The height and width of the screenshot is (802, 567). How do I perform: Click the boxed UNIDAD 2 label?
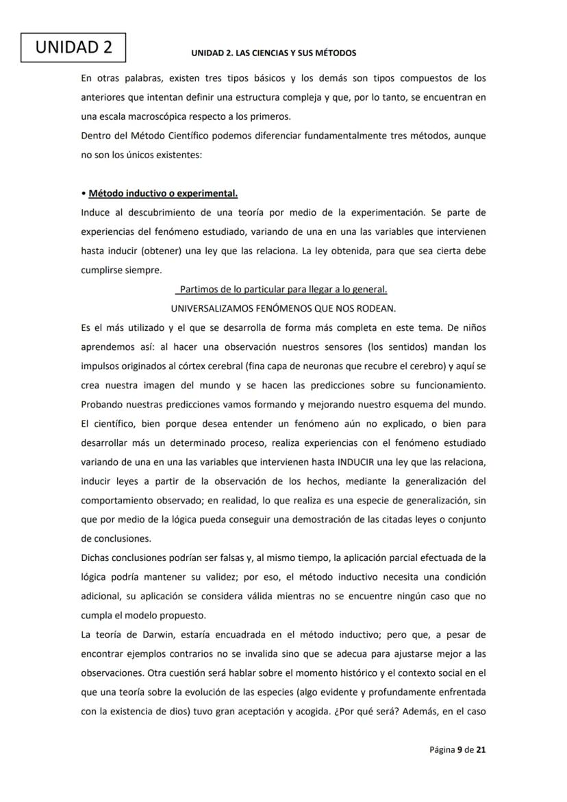(73, 47)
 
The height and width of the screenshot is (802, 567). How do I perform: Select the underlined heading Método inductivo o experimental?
(163, 194)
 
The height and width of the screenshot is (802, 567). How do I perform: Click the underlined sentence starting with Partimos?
(283, 289)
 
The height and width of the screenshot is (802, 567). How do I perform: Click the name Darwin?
(147, 634)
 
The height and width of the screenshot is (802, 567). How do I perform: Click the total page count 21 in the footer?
(481, 750)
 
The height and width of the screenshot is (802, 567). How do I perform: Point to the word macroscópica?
(153, 116)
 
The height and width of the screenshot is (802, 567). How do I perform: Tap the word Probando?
(101, 404)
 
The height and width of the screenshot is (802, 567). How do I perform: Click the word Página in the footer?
(442, 750)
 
